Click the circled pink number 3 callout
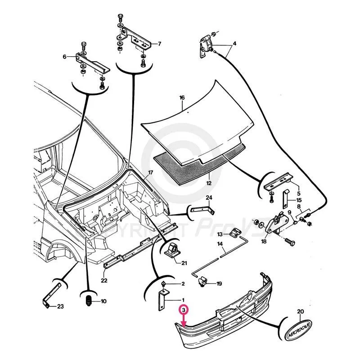(x=183, y=310)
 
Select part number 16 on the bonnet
(x=182, y=98)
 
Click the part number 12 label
(x=208, y=184)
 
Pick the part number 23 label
(x=61, y=307)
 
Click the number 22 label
(x=104, y=280)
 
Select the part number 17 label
(x=151, y=173)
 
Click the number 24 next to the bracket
(x=209, y=198)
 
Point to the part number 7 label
(x=159, y=44)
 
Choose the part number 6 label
(x=65, y=57)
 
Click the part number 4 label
(x=234, y=45)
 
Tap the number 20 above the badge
(x=301, y=311)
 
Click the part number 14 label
(x=220, y=245)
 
